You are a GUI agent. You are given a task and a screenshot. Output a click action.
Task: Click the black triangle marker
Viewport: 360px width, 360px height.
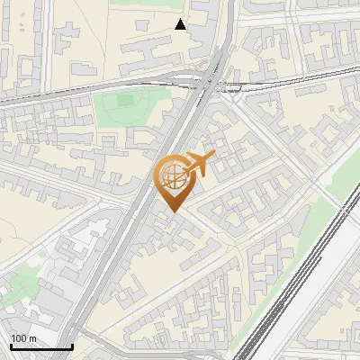point(181,24)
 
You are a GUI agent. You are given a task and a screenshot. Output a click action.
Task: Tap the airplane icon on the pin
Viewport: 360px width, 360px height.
point(199,164)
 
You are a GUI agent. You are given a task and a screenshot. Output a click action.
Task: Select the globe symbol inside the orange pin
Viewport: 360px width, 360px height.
point(171,175)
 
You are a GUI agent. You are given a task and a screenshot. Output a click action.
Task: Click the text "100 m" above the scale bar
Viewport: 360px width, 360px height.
point(22,338)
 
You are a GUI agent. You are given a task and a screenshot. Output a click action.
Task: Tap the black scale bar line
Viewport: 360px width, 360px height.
point(40,346)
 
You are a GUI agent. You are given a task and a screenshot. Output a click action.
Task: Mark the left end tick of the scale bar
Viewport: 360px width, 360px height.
point(10,345)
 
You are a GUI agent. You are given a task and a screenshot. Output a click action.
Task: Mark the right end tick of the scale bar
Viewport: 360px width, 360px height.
point(72,345)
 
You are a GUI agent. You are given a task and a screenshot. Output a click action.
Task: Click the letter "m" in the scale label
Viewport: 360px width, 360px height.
point(31,338)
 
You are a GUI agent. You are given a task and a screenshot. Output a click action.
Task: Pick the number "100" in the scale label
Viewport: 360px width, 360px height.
point(19,338)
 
